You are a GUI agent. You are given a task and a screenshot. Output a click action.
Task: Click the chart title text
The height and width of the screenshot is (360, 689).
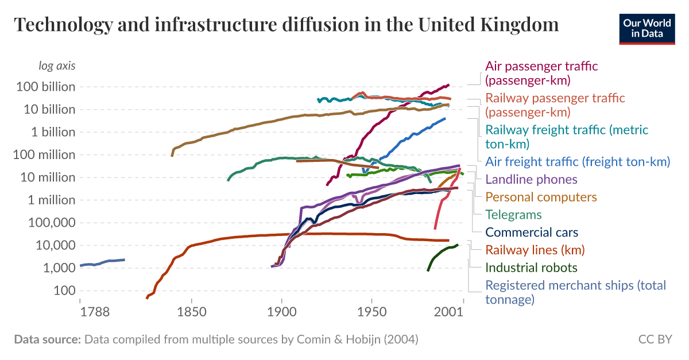pyautogui.click(x=286, y=25)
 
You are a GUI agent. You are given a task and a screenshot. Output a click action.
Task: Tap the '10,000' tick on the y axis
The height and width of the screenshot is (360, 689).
pyautogui.click(x=56, y=246)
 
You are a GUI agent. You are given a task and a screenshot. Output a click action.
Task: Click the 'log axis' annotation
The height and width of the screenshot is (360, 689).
pyautogui.click(x=57, y=65)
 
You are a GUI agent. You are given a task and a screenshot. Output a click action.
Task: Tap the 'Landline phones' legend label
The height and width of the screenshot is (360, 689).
pyautogui.click(x=531, y=179)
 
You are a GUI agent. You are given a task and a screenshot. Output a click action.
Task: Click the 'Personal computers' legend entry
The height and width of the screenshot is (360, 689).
pyautogui.click(x=541, y=197)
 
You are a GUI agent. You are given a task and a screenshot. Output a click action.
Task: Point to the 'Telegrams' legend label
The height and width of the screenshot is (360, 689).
pyautogui.click(x=513, y=215)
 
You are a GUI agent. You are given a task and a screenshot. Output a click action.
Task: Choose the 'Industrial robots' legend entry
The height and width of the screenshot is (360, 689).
pyautogui.click(x=531, y=268)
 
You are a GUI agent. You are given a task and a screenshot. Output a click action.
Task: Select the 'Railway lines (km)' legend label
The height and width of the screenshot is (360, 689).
pyautogui.click(x=535, y=250)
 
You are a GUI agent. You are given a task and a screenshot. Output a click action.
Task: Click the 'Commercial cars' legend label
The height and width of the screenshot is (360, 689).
pyautogui.click(x=532, y=233)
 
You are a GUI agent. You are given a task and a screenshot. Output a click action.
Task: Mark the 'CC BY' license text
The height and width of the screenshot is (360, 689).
pyautogui.click(x=655, y=339)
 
